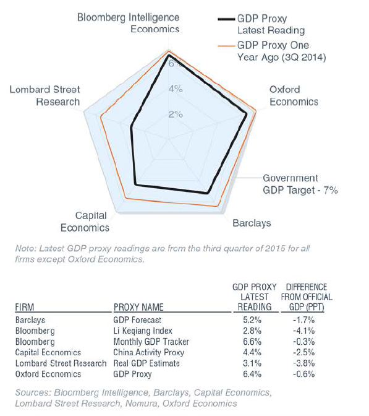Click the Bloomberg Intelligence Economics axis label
pos(128,23)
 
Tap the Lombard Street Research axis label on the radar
pos(45,95)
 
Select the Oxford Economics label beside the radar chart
pos(294,95)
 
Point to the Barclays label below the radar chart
pos(252,223)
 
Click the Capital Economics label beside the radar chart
pos(85,222)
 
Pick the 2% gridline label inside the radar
pos(176,115)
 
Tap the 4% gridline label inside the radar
pos(176,89)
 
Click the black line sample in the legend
pos(226,19)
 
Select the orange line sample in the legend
pos(226,46)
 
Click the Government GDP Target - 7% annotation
pos(300,184)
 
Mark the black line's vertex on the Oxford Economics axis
pos(247,114)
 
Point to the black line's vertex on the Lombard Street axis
pos(131,128)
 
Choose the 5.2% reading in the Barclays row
pos(252,320)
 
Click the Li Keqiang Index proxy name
pos(143,331)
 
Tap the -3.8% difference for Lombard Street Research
pos(304,363)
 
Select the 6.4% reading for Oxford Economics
pos(252,374)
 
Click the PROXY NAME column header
pos(138,307)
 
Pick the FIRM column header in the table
pos(25,307)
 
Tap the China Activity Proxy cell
pos(148,352)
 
